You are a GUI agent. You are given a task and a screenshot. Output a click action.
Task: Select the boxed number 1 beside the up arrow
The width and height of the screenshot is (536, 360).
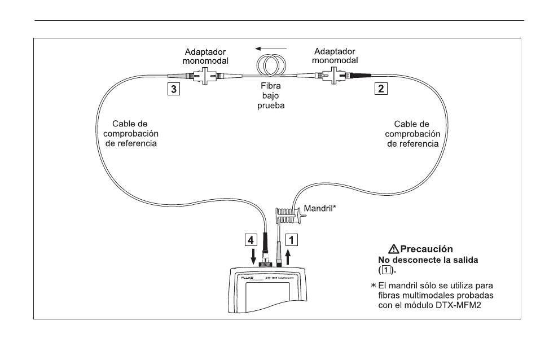point(291,239)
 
